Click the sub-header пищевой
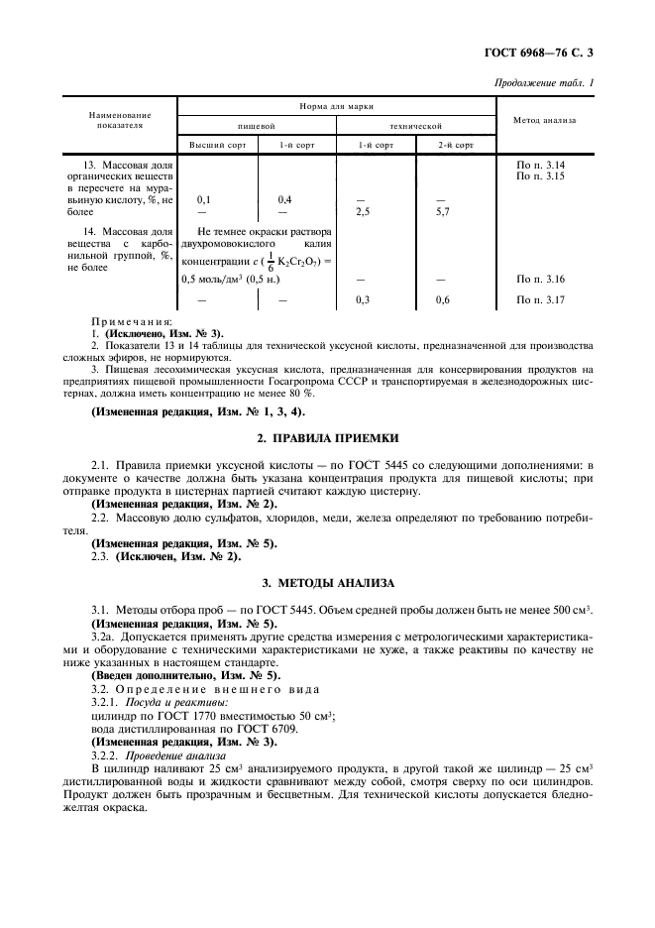256,126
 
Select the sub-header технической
414,126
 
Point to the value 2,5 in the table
362,212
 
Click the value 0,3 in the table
362,299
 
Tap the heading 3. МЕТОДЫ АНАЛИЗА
327,583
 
